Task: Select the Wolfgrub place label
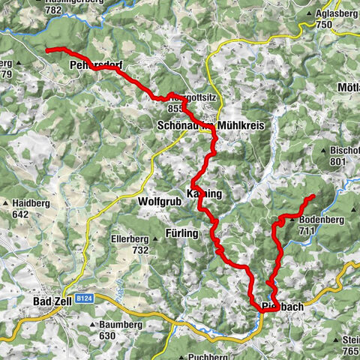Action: (x=159, y=202)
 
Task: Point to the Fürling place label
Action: (x=181, y=234)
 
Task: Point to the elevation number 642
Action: (x=28, y=214)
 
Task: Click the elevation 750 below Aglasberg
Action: (x=323, y=25)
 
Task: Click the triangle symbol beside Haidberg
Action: (x=7, y=203)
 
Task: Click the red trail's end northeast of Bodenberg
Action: (x=311, y=196)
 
